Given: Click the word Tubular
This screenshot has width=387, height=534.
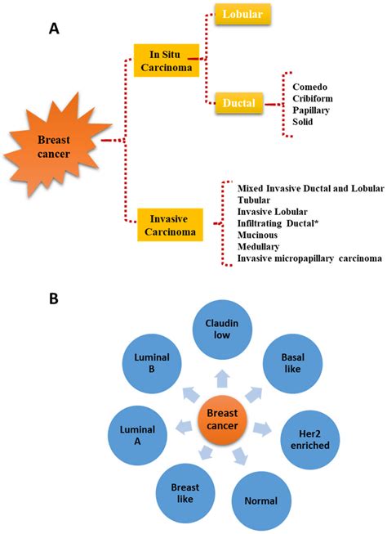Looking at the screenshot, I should [x=256, y=200].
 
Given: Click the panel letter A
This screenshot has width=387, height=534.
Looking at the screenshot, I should [x=54, y=29].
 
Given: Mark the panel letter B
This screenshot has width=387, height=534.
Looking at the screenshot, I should [x=54, y=299].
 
